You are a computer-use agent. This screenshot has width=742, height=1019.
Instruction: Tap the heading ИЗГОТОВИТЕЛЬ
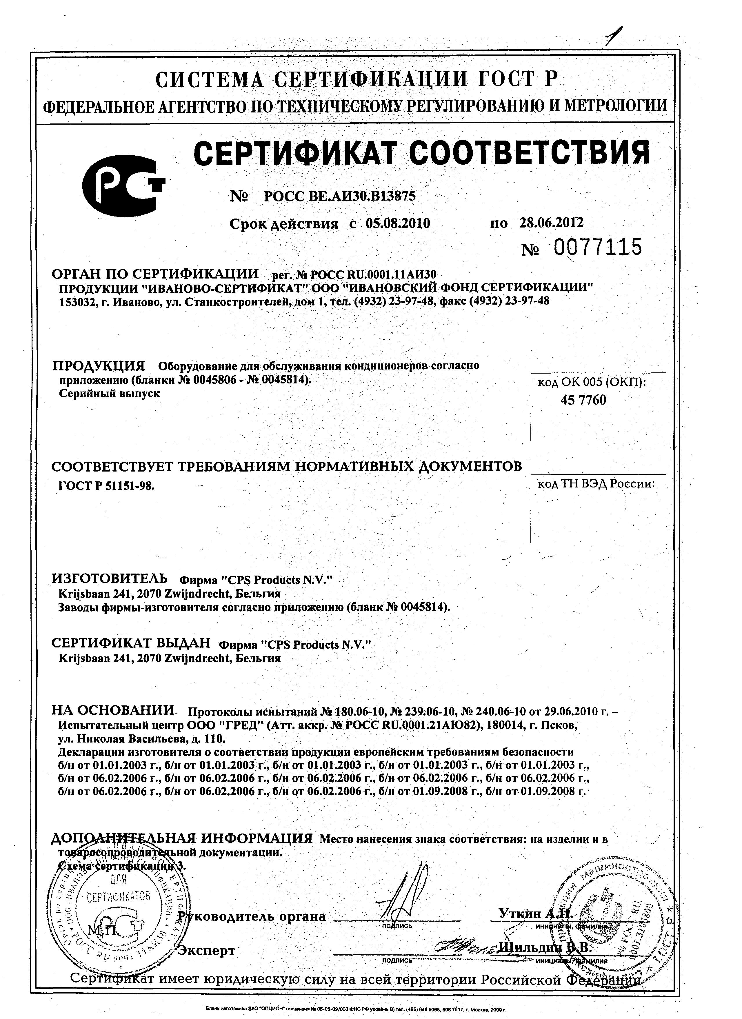tap(110, 578)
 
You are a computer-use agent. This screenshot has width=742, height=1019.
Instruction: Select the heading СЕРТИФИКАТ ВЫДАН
tap(131, 643)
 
